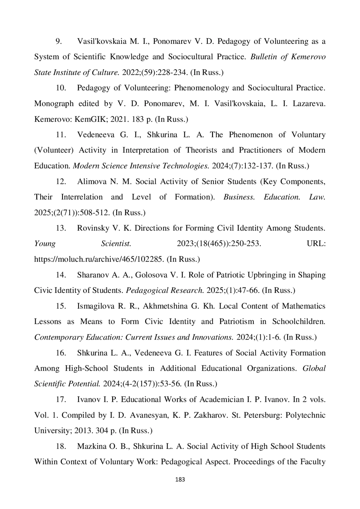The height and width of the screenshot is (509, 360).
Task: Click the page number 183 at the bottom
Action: pyautogui.click(x=180, y=479)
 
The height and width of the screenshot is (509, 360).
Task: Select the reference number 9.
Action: pyautogui.click(x=59, y=41)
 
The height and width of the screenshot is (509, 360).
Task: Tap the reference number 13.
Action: pyautogui.click(x=61, y=228)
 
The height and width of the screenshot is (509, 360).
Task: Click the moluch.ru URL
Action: pyautogui.click(x=99, y=259)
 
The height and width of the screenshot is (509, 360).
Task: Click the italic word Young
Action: pyautogui.click(x=45, y=244)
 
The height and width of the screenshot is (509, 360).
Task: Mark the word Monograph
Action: pyautogui.click(x=54, y=104)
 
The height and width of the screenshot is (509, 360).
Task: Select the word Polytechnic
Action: pyautogui.click(x=305, y=415)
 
